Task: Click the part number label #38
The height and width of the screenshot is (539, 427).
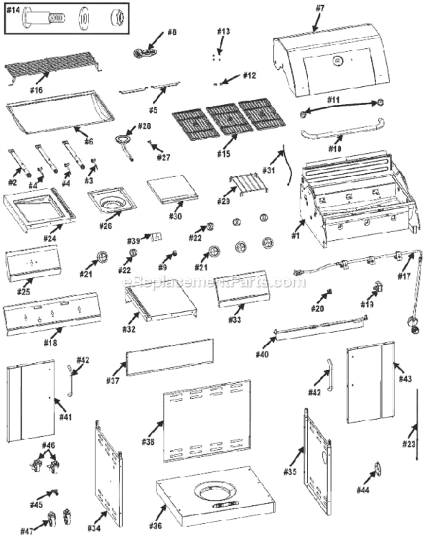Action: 149,441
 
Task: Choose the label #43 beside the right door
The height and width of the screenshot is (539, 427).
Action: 405,378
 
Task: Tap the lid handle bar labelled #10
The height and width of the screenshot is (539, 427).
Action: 337,134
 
